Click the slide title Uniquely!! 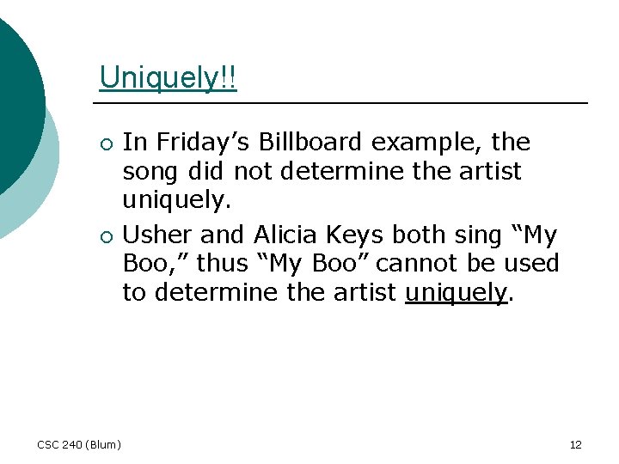(168, 77)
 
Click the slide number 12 (576, 444)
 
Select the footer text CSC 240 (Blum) (79, 444)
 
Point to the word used (531, 263)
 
